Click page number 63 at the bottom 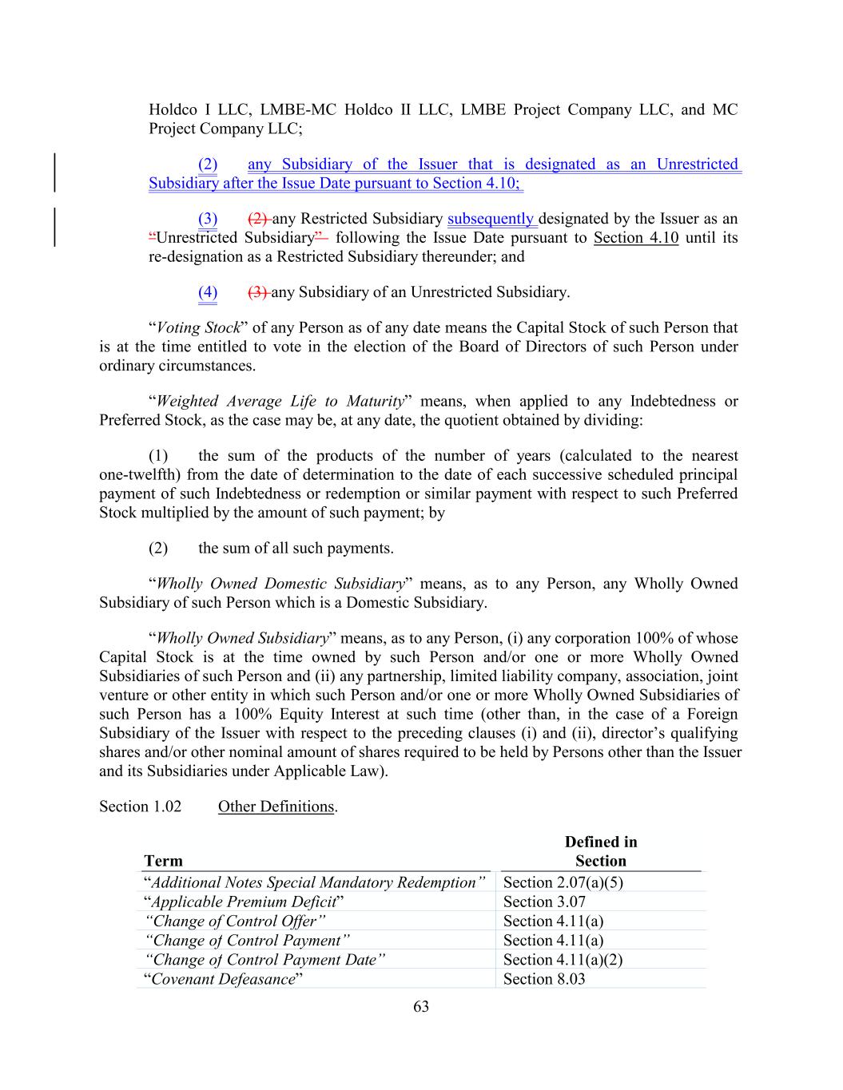click(x=421, y=1007)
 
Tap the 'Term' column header click(x=163, y=861)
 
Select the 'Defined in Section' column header click(x=601, y=851)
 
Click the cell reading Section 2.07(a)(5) click(x=563, y=882)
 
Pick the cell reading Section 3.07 click(x=544, y=902)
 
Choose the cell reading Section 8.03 click(x=544, y=979)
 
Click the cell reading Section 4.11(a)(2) click(x=563, y=960)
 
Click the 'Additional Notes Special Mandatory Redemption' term click(x=315, y=882)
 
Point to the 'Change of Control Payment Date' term click(x=265, y=960)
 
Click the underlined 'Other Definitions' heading click(x=276, y=807)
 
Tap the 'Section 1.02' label click(x=140, y=807)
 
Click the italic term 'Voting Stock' click(x=199, y=327)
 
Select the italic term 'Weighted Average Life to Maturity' click(x=280, y=401)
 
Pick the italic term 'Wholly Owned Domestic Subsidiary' click(x=280, y=584)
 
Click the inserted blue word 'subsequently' click(x=491, y=219)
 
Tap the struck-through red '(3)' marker click(x=259, y=292)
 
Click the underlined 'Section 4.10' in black click(x=636, y=238)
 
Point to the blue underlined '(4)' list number click(x=208, y=292)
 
